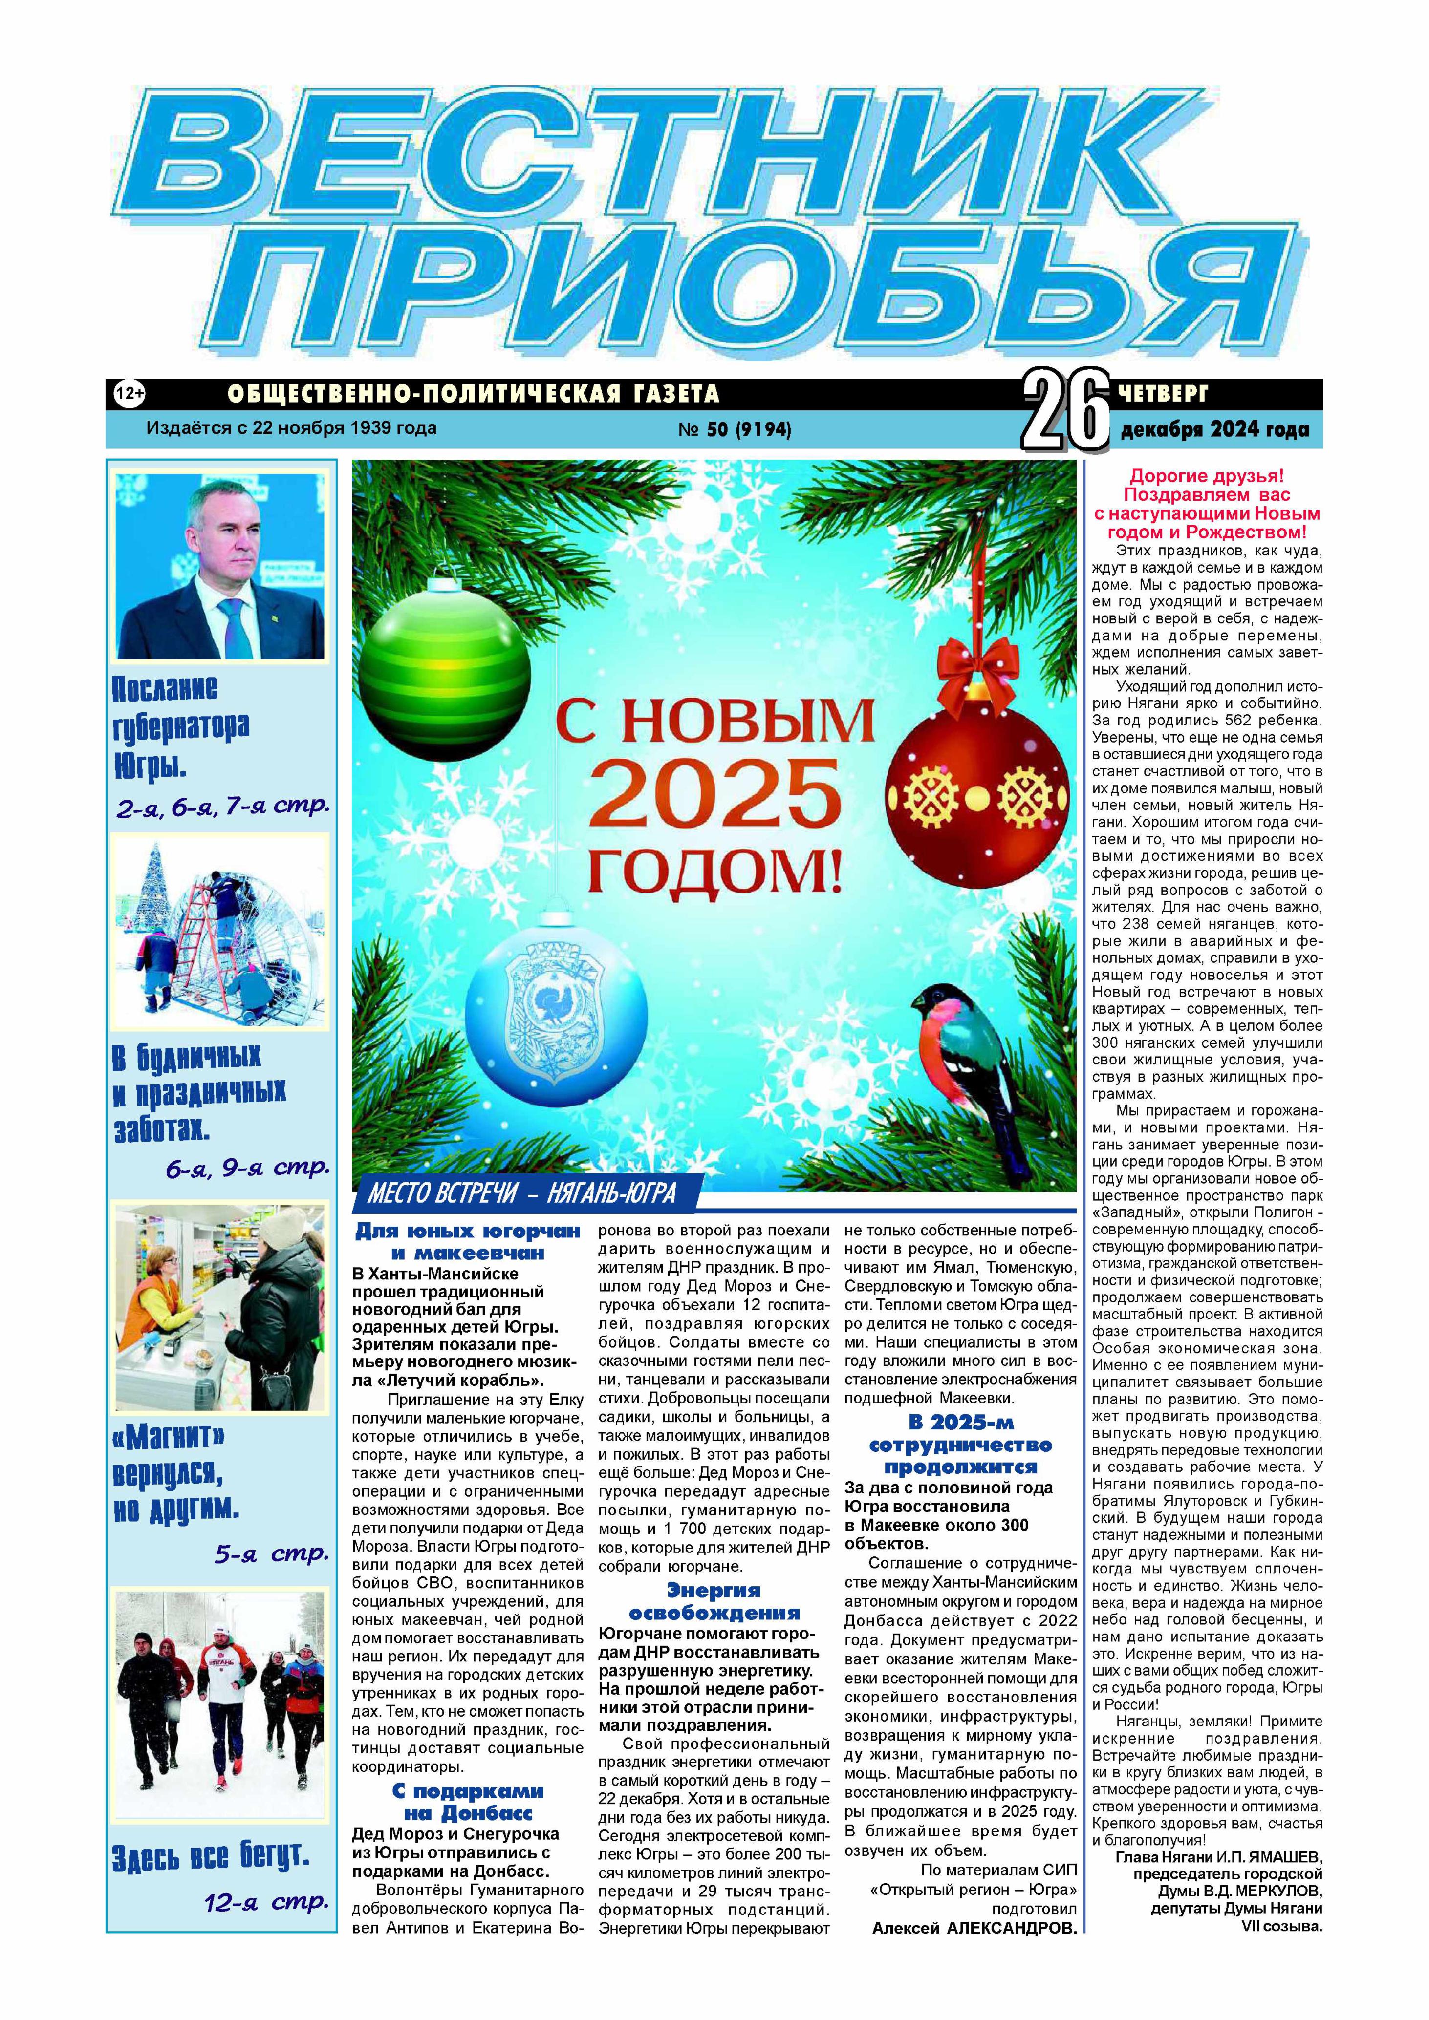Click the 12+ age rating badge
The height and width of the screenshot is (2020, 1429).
130,394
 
